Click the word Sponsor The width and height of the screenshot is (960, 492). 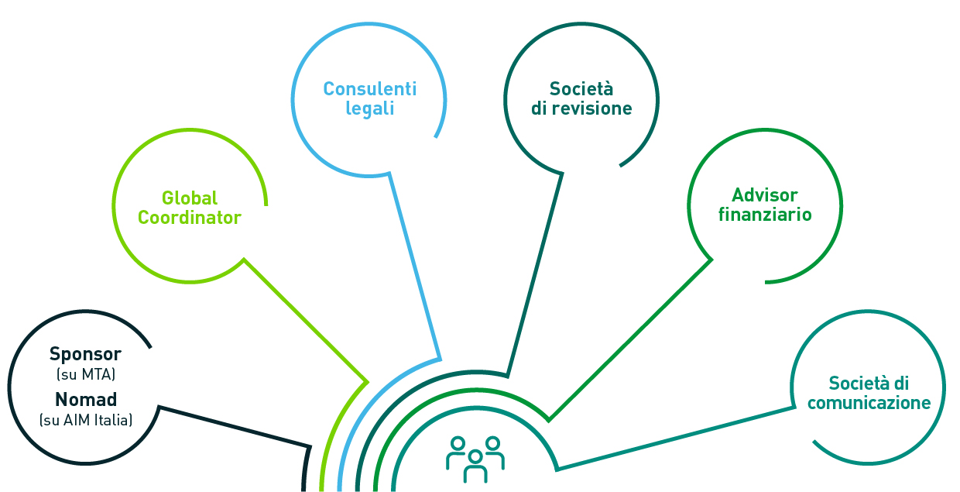(x=85, y=354)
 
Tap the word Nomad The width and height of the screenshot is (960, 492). (x=86, y=400)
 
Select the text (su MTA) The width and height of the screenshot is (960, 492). (x=85, y=375)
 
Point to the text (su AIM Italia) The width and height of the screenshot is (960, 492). (x=86, y=421)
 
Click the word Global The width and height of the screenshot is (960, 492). (x=190, y=198)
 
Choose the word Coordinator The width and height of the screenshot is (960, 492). (x=190, y=218)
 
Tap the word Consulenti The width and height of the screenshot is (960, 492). (x=369, y=88)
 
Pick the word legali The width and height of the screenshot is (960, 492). (x=369, y=108)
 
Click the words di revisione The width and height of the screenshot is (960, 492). (x=581, y=108)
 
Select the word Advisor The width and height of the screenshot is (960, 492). (x=765, y=194)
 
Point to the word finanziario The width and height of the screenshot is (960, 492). (x=765, y=214)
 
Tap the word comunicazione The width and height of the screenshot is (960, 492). (x=869, y=403)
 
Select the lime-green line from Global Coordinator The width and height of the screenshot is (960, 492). (x=306, y=320)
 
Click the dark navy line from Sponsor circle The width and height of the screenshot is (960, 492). (x=232, y=425)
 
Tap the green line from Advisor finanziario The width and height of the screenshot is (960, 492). (x=629, y=339)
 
